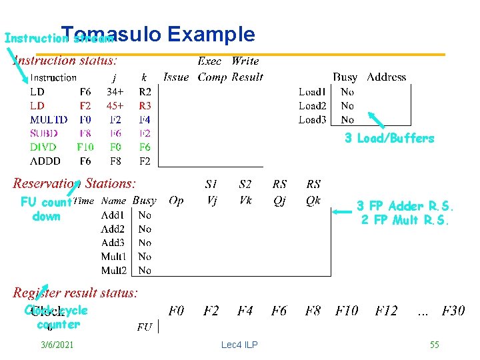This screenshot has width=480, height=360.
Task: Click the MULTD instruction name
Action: pyautogui.click(x=48, y=120)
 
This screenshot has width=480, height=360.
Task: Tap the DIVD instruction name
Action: pyautogui.click(x=43, y=147)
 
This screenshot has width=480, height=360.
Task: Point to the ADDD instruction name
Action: pyautogui.click(x=45, y=161)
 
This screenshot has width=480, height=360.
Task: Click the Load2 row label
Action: pyautogui.click(x=312, y=106)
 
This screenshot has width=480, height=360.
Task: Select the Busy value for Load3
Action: pyautogui.click(x=347, y=120)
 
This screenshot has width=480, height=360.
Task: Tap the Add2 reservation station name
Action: pyautogui.click(x=113, y=229)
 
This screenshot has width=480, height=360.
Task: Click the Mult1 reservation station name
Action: pyautogui.click(x=113, y=257)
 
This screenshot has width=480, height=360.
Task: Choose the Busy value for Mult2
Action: pyautogui.click(x=145, y=271)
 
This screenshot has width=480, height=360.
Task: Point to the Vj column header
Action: pyautogui.click(x=211, y=200)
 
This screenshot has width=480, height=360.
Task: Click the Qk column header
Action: pyautogui.click(x=313, y=200)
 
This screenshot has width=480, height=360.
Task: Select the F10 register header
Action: pyautogui.click(x=347, y=311)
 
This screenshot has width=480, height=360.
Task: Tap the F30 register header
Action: pyautogui.click(x=453, y=311)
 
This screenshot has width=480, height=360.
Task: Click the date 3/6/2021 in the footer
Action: pyautogui.click(x=57, y=345)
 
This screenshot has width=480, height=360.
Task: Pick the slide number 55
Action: pyautogui.click(x=434, y=345)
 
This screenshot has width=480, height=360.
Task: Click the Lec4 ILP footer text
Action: pyautogui.click(x=239, y=345)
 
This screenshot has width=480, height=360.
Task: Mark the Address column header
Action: pyautogui.click(x=387, y=77)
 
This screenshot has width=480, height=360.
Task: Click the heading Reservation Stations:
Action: pyautogui.click(x=75, y=183)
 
